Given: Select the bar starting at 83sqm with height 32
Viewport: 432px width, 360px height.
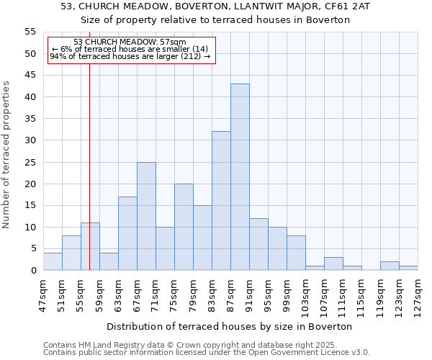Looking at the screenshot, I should click(x=221, y=201).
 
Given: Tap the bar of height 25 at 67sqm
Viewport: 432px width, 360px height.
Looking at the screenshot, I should click(x=146, y=216).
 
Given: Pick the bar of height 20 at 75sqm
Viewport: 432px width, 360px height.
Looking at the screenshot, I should click(x=184, y=227).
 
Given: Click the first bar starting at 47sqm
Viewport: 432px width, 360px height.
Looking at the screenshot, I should click(x=53, y=262).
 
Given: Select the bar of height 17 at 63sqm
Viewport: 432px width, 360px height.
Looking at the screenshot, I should click(x=127, y=233).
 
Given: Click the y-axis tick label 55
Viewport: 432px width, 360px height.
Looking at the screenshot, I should click(x=30, y=32).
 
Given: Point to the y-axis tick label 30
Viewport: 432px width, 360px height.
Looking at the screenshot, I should click(x=30, y=140).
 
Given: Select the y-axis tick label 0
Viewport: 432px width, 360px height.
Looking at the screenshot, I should click(x=33, y=271).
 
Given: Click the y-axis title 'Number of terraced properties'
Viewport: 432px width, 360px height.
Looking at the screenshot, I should click(x=7, y=155).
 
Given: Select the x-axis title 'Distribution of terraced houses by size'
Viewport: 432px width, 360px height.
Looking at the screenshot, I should click(x=234, y=326).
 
